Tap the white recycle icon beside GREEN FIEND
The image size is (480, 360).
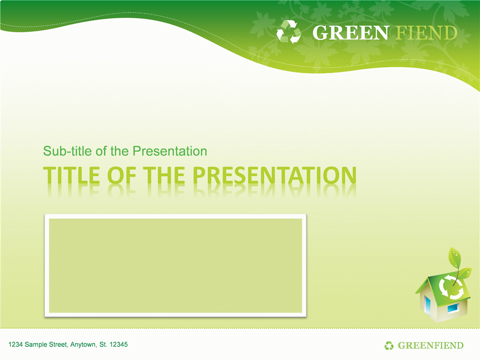289,32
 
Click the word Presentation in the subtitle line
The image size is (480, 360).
170,151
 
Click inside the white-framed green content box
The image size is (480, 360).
175,265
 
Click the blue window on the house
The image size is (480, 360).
452,307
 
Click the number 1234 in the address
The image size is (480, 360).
15,345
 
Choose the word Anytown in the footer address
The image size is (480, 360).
83,345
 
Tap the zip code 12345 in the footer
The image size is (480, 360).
119,345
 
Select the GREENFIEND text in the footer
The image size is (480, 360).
430,345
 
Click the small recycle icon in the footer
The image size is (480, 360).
389,345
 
